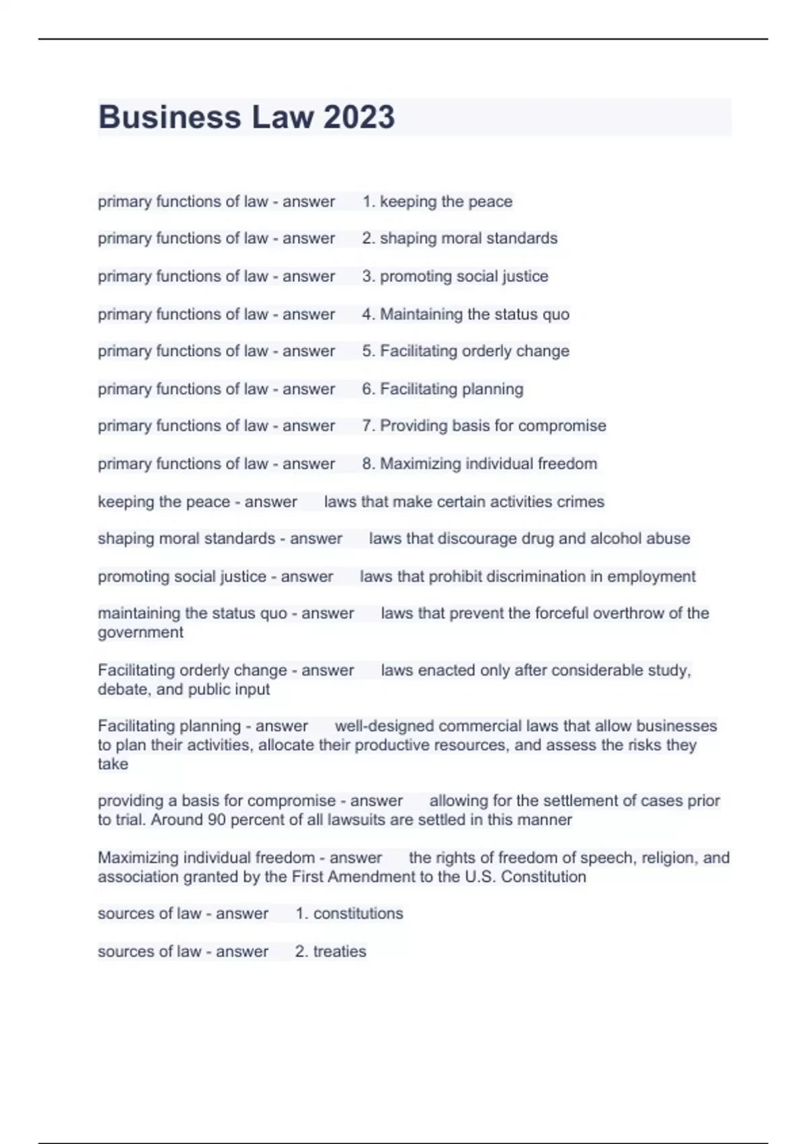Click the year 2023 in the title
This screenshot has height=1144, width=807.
358,117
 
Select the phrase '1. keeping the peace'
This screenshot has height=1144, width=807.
437,201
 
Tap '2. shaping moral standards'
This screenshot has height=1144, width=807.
459,238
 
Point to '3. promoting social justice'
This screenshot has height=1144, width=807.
455,276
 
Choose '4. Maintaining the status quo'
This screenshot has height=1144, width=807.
465,314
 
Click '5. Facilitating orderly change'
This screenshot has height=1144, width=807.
465,351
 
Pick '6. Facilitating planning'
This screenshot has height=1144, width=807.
443,389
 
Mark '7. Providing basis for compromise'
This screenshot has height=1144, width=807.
484,426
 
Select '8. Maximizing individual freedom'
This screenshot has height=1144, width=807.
479,464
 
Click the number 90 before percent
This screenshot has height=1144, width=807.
217,820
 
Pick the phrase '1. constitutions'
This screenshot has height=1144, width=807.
349,914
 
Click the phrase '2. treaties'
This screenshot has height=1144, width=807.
330,952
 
